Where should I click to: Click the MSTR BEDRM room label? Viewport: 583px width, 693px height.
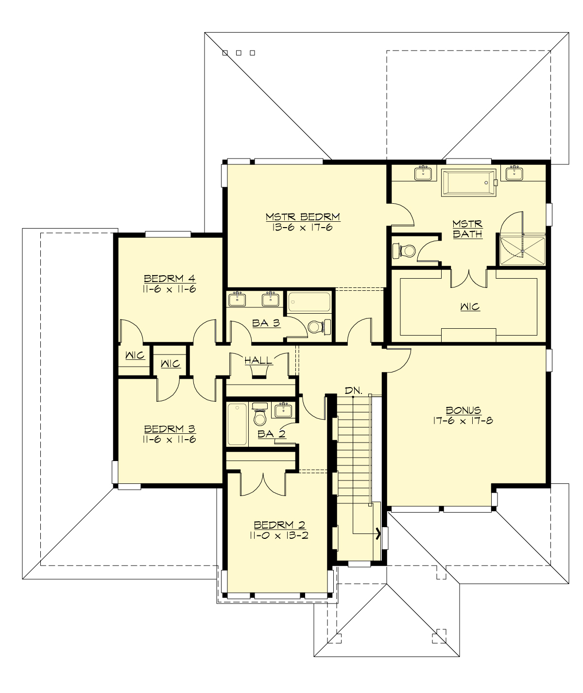point(302,216)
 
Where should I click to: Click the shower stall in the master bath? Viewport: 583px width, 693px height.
point(523,250)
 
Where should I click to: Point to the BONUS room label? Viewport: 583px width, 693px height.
point(463,410)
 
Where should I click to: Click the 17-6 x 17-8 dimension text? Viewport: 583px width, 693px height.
point(463,421)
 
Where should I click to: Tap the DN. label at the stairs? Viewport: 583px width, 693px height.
point(353,390)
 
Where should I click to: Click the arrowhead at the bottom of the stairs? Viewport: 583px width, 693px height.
point(377,533)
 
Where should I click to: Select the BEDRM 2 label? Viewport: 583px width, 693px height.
point(280,525)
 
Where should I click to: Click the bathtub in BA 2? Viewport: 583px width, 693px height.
point(237,424)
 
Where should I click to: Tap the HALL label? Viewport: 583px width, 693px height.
point(258,360)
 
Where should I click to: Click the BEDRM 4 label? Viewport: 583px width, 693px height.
point(170,279)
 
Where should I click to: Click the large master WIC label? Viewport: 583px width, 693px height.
point(469,307)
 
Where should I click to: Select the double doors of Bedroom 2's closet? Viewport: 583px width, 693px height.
point(262,484)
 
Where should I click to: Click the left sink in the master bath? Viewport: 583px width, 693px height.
point(424,173)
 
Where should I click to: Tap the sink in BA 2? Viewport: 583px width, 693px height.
point(283,410)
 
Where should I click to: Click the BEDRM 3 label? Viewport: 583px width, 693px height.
point(170,429)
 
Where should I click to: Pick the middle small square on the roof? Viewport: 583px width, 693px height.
point(239,53)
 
